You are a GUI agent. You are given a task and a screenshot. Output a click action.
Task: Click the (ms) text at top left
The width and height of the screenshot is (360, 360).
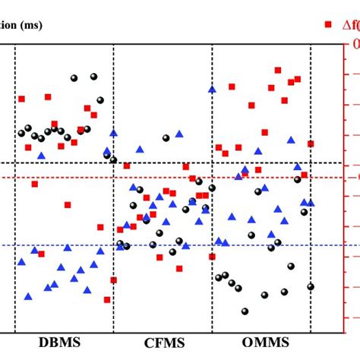coord(30,25)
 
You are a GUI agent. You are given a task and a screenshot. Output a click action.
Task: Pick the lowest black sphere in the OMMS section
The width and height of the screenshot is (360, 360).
coord(245,311)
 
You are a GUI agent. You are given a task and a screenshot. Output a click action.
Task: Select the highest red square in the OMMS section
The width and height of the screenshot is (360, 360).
coord(278,70)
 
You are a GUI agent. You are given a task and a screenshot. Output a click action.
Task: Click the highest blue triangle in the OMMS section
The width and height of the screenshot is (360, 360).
coord(212,89)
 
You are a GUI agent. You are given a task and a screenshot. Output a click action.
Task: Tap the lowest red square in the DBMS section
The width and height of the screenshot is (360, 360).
coord(107,299)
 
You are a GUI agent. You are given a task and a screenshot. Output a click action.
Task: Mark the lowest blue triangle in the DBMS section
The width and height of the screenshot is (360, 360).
coord(28,296)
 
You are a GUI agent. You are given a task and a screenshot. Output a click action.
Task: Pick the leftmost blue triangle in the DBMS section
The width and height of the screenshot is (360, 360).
coord(21,261)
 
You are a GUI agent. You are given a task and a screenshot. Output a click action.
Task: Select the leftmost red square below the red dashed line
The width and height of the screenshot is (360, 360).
coord(34,184)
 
